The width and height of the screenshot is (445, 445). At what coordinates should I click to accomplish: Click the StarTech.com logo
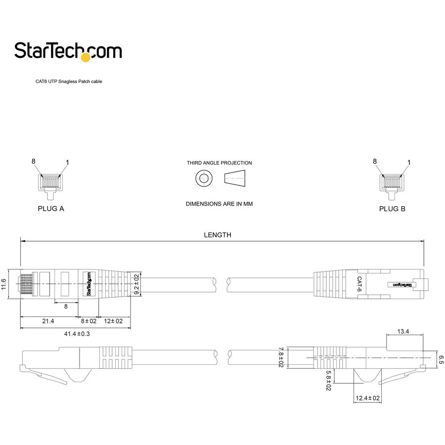68,51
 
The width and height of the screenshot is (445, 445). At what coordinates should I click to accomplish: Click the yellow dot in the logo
86,57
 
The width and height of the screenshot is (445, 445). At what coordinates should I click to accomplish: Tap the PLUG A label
51,209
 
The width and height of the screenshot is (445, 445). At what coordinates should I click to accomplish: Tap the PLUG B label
392,209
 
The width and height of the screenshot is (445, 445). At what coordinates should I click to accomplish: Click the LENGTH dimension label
218,235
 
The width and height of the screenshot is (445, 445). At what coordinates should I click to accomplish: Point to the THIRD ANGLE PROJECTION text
219,163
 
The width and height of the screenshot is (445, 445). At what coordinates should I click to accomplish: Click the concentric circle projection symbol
203,178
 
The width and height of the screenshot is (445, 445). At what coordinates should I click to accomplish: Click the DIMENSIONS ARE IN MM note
219,204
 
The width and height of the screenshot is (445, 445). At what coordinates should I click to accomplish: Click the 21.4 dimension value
47,321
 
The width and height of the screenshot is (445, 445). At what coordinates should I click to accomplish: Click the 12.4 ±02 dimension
367,398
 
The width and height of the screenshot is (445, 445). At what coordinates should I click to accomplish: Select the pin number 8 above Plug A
34,161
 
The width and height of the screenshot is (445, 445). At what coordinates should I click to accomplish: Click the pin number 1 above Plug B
408,162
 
